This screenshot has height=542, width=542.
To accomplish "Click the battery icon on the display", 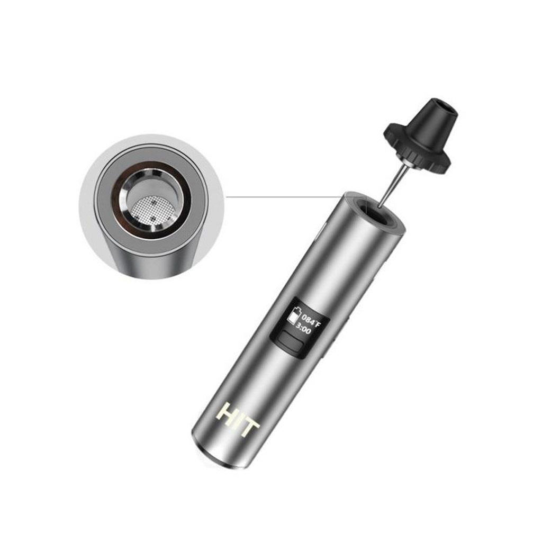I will pos(293,316).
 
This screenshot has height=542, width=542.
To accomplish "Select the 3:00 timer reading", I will pos(304,329).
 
